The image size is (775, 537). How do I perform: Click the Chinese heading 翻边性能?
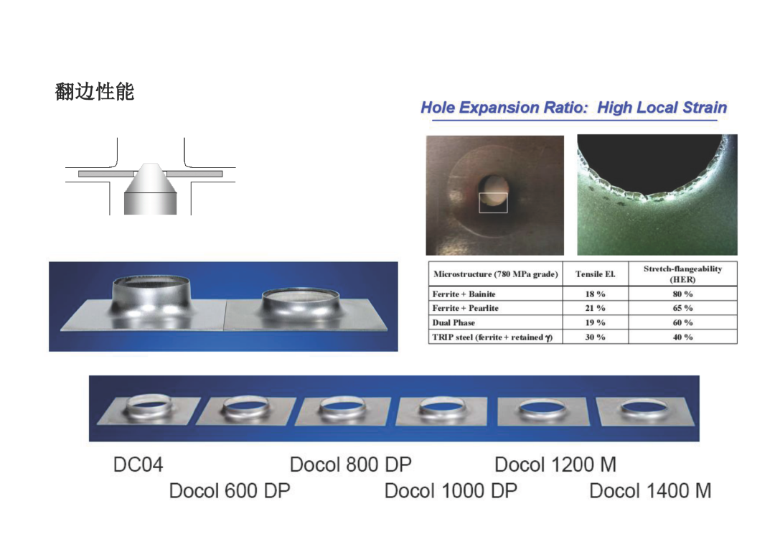click(x=95, y=92)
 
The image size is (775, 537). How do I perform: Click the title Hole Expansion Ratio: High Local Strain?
click(x=573, y=108)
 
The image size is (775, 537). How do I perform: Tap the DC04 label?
click(x=138, y=464)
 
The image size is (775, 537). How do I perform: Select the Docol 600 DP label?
click(x=230, y=491)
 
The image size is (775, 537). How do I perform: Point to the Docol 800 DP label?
click(x=350, y=464)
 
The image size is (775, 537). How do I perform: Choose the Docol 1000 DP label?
click(x=451, y=491)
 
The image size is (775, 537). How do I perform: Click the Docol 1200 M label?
click(x=555, y=464)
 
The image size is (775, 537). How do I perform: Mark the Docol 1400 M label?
click(x=650, y=491)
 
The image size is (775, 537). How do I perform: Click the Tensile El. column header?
click(x=596, y=274)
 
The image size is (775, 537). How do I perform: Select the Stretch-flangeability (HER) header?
click(x=682, y=274)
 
